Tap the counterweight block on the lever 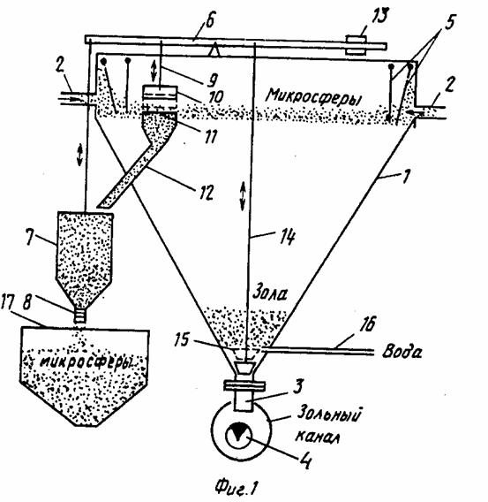357,46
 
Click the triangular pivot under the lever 214,50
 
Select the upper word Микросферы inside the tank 315,96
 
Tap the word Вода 402,352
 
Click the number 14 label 288,237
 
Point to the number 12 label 205,193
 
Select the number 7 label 29,237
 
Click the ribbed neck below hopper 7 80,316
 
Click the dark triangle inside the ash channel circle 238,431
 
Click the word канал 317,437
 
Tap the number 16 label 367,324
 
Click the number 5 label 449,22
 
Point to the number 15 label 182,339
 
